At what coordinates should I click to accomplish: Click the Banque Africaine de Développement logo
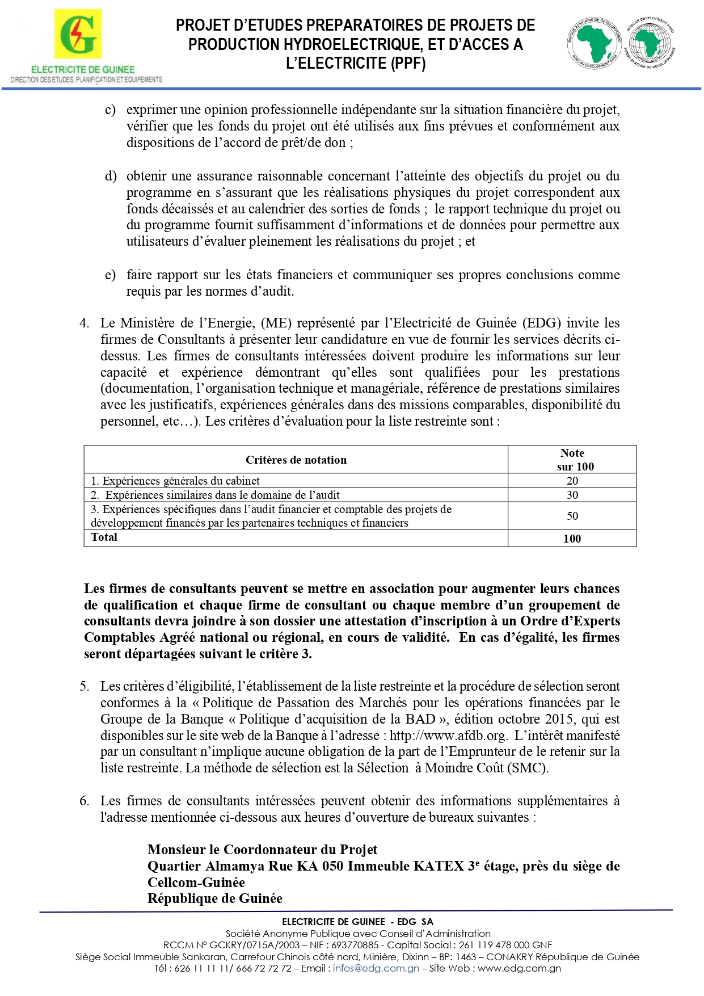pyautogui.click(x=594, y=43)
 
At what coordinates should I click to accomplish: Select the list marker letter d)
pyautogui.click(x=111, y=176)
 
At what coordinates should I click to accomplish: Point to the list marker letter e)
pyautogui.click(x=111, y=275)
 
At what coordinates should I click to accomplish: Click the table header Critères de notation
pyautogui.click(x=296, y=460)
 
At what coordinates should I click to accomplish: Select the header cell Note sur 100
pyautogui.click(x=572, y=460)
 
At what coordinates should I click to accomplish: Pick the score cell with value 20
pyautogui.click(x=572, y=481)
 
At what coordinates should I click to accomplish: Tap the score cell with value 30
pyautogui.click(x=572, y=495)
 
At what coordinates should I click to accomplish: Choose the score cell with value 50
pyautogui.click(x=572, y=516)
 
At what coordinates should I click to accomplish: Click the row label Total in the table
pyautogui.click(x=104, y=537)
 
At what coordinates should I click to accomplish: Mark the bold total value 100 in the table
pyautogui.click(x=572, y=539)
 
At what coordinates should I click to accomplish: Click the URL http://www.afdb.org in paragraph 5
pyautogui.click(x=448, y=736)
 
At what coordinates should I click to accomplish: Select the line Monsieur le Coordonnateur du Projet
pyautogui.click(x=262, y=850)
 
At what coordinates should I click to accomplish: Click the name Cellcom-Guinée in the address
pyautogui.click(x=196, y=882)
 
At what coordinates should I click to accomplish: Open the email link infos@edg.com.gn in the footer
pyautogui.click(x=376, y=968)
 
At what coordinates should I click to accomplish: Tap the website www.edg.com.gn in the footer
pyautogui.click(x=519, y=968)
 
